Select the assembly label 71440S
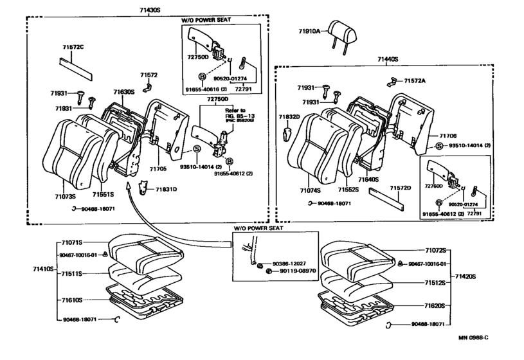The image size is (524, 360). tap(386, 59)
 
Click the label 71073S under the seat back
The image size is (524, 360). tap(65, 195)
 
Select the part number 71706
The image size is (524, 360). tap(447, 136)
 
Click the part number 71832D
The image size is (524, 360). tap(289, 117)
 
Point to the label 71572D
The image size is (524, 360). tap(400, 188)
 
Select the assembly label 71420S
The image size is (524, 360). tap(465, 276)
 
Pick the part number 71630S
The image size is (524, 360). tap(123, 92)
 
